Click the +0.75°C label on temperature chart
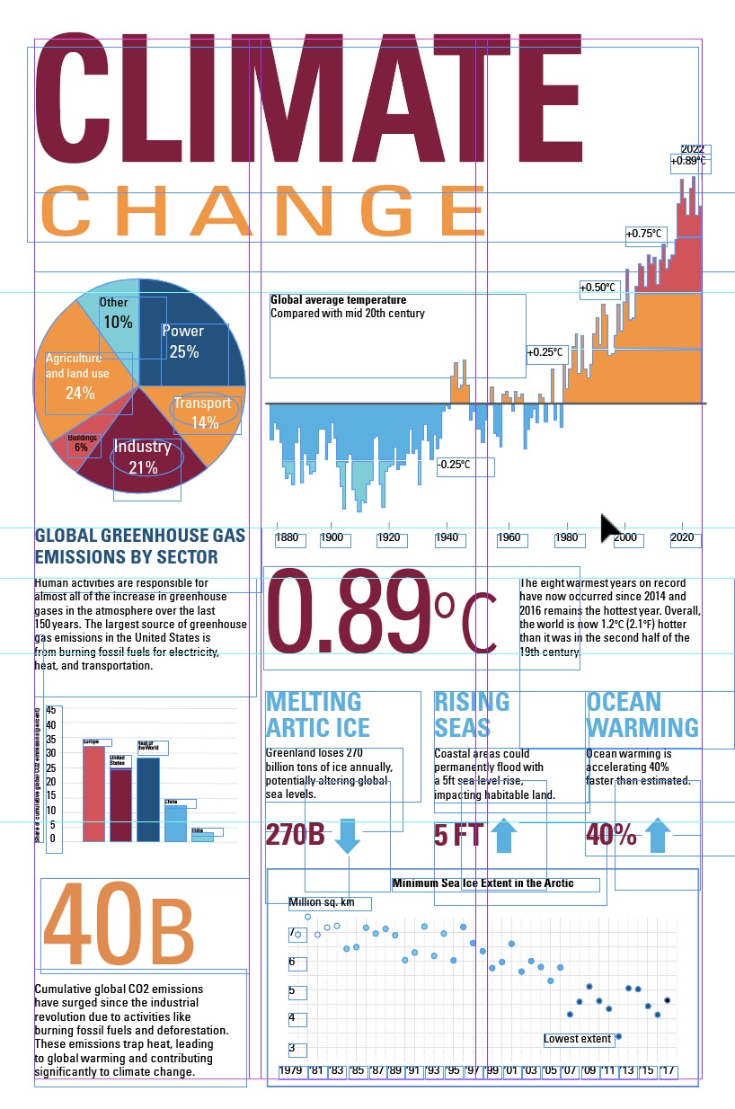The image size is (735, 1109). pyautogui.click(x=644, y=234)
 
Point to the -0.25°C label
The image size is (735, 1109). pyautogui.click(x=455, y=465)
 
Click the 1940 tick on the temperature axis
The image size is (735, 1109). pyautogui.click(x=446, y=537)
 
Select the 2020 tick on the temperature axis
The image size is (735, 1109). pyautogui.click(x=682, y=537)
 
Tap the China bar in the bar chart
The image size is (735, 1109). pyautogui.click(x=175, y=823)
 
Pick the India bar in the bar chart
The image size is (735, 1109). pyautogui.click(x=202, y=837)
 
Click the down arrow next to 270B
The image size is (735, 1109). pyautogui.click(x=347, y=835)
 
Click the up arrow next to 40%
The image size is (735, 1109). pyautogui.click(x=659, y=835)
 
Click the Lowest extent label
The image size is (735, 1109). pyautogui.click(x=578, y=1039)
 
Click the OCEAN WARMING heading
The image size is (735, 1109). pyautogui.click(x=642, y=714)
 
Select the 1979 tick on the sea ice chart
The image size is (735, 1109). pyautogui.click(x=290, y=1070)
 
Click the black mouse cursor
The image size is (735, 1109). pyautogui.click(x=612, y=529)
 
